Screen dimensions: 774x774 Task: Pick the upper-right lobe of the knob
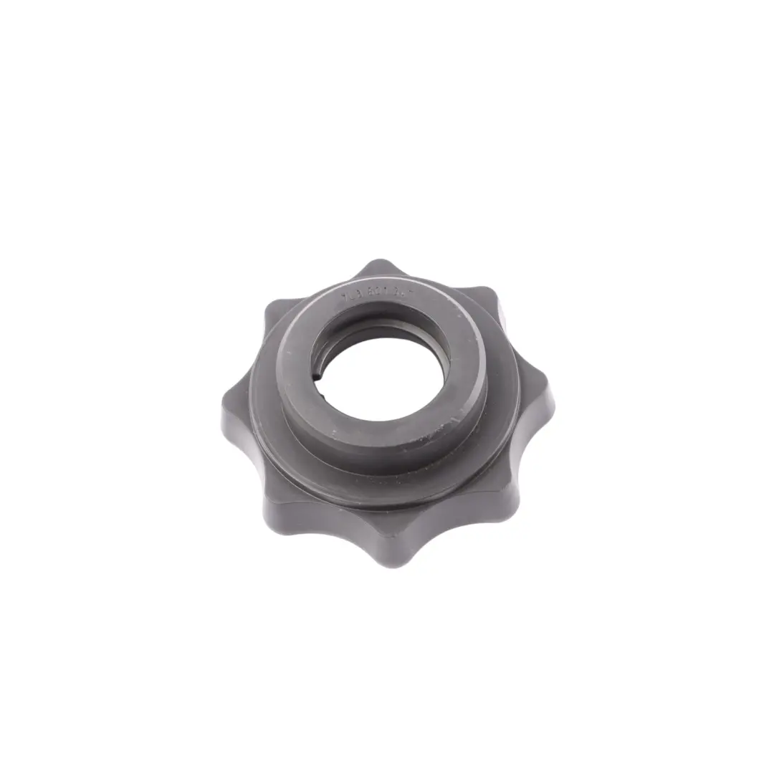click(x=487, y=300)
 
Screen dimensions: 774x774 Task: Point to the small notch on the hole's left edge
click(x=316, y=373)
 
